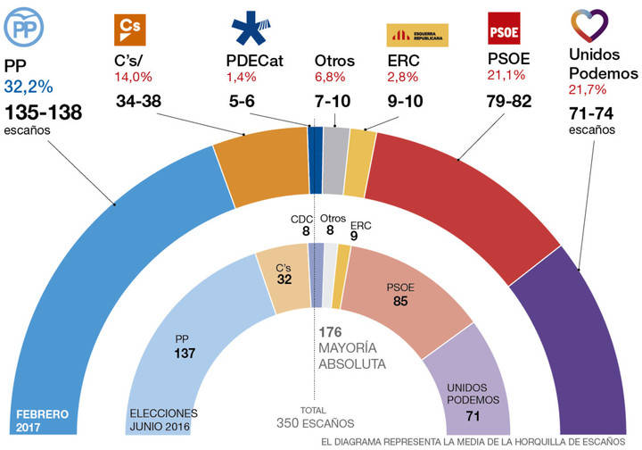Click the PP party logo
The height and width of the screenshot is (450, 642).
(27, 29)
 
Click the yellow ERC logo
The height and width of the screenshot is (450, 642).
(416, 34)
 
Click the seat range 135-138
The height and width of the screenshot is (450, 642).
(43, 112)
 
